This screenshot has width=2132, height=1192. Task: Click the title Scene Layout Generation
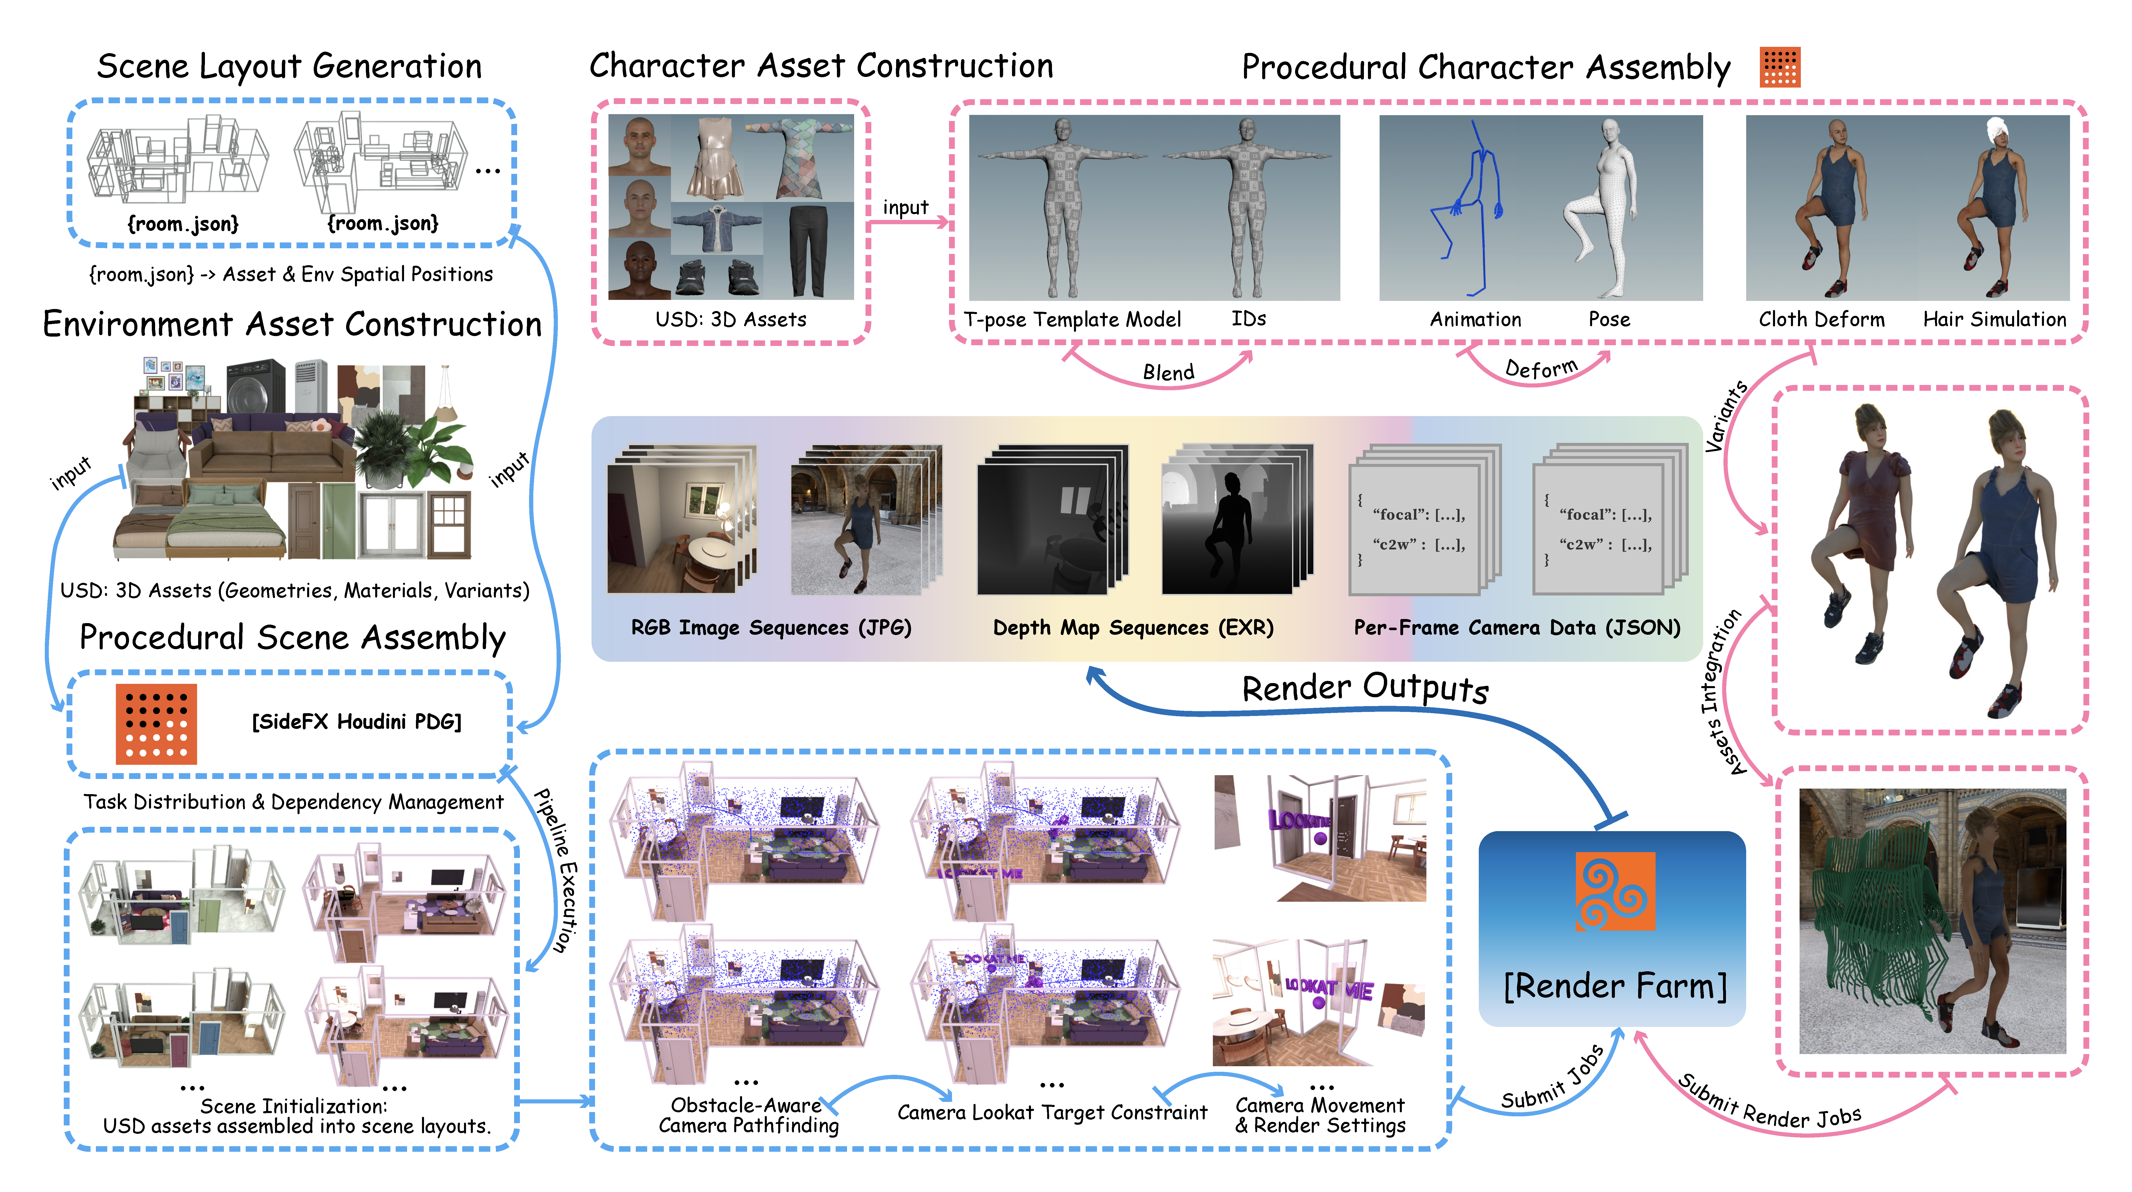click(289, 66)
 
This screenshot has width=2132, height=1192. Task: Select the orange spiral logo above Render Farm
click(1615, 891)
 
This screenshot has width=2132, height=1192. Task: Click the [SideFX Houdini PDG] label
click(357, 722)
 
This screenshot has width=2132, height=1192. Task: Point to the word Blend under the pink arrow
click(1169, 373)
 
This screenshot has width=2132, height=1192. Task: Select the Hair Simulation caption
click(1995, 320)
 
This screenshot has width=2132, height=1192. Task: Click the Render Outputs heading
click(1366, 688)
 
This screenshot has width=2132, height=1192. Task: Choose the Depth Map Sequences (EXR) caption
click(1133, 628)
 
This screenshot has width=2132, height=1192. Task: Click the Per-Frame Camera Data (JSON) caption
click(1517, 628)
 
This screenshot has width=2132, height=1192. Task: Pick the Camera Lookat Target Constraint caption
click(1052, 1113)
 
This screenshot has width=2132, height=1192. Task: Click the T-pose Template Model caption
click(1073, 320)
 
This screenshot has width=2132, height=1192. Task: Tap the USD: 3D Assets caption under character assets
click(731, 320)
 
